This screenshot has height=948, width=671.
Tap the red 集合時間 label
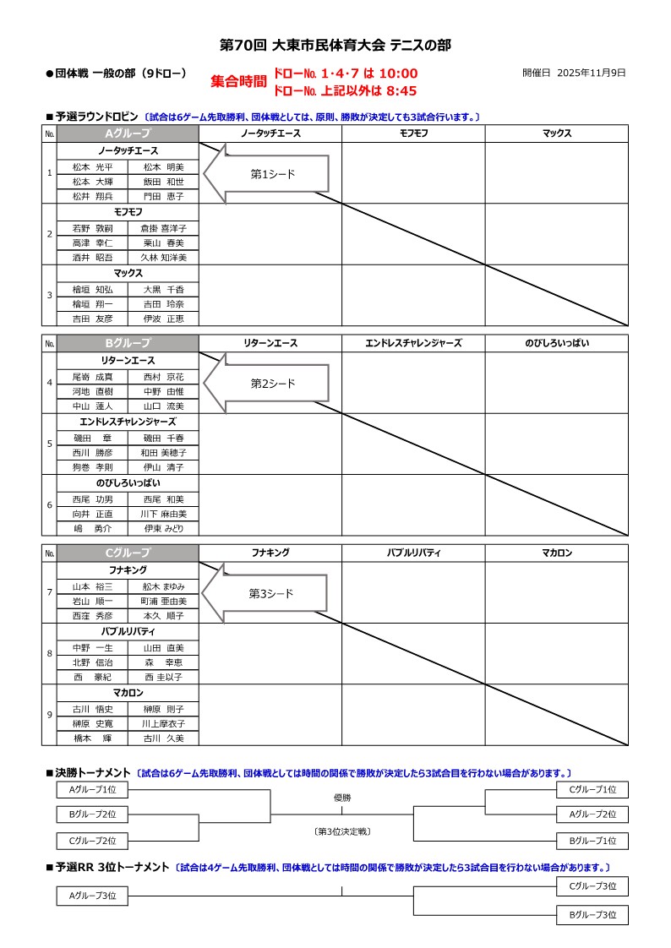(238, 82)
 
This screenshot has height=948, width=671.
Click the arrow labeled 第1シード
(266, 173)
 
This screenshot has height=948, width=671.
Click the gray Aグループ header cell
(128, 133)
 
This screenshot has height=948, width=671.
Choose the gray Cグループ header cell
(128, 553)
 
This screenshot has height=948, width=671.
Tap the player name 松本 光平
(92, 166)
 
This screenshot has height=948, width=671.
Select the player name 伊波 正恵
(163, 319)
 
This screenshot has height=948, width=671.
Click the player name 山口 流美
(163, 406)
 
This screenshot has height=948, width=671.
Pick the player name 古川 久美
(163, 738)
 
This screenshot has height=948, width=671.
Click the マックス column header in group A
(556, 133)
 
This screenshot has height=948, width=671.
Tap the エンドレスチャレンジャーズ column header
(413, 343)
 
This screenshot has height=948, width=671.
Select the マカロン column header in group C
(556, 553)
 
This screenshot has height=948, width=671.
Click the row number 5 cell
(49, 444)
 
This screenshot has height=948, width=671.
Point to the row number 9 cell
(49, 715)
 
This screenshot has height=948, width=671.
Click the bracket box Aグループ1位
(92, 789)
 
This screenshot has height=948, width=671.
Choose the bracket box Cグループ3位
(592, 886)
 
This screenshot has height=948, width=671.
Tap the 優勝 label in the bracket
(341, 798)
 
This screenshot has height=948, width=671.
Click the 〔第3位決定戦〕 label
(341, 831)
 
